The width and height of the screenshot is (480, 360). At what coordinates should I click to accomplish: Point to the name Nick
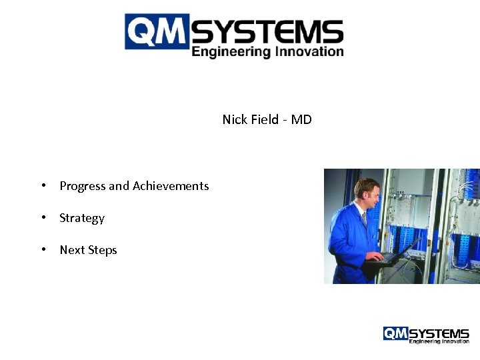tap(235, 120)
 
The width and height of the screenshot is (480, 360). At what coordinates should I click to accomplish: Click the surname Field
tap(266, 120)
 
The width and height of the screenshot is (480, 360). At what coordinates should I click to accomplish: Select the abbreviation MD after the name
tap(301, 120)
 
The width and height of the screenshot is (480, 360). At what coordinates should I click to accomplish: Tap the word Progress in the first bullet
tap(83, 187)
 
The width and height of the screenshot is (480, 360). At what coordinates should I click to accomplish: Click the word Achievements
tap(171, 186)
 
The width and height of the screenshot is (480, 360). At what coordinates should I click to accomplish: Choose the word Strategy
tap(82, 219)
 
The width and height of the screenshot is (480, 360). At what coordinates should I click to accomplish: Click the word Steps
tap(103, 251)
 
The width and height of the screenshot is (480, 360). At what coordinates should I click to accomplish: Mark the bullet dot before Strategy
tap(43, 218)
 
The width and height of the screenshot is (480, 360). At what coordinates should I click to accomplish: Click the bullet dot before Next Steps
tap(43, 250)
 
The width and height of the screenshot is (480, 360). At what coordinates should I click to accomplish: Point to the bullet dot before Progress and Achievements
tap(43, 186)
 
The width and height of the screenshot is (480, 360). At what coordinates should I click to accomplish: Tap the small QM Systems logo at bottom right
tap(426, 335)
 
